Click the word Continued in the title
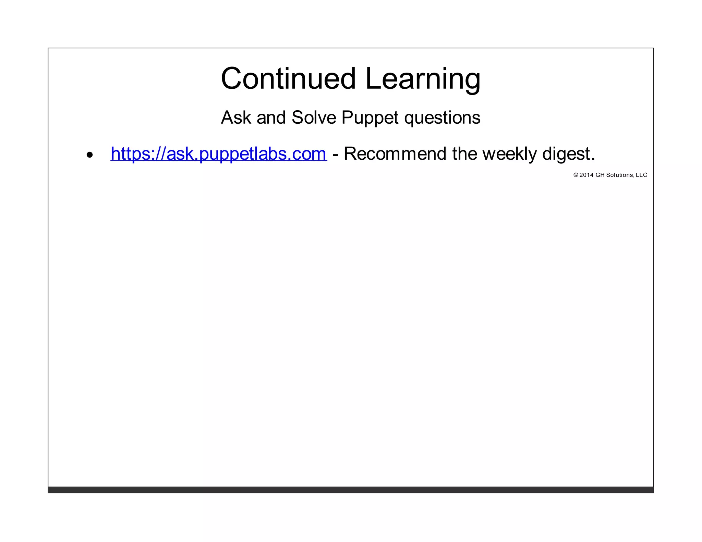click(289, 78)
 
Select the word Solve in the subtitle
click(314, 118)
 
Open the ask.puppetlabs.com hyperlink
click(219, 153)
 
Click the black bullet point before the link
click(90, 155)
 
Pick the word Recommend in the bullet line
click(395, 153)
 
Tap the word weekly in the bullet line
click(509, 154)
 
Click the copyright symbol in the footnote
click(576, 175)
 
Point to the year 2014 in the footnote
click(586, 175)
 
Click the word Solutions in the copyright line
click(619, 175)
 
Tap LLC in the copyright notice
click(641, 175)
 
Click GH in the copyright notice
click(600, 175)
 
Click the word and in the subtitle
click(271, 118)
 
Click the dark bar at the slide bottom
click(350, 490)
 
